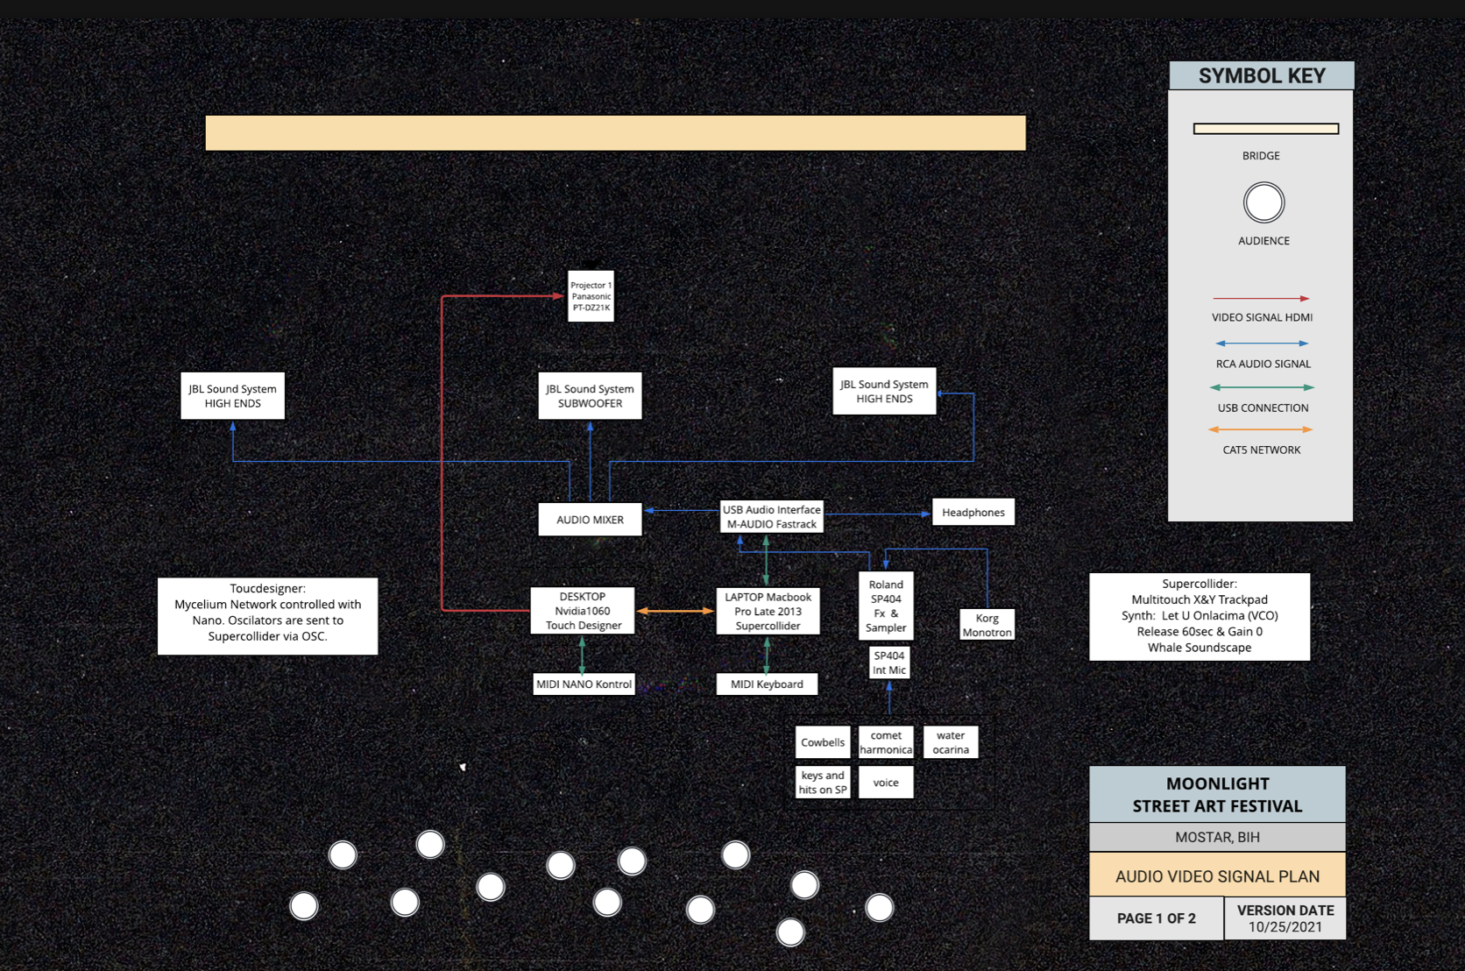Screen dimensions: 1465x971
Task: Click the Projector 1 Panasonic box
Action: (x=591, y=296)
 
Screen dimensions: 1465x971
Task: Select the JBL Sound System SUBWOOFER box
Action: (x=590, y=396)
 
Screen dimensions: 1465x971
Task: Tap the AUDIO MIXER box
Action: (x=590, y=520)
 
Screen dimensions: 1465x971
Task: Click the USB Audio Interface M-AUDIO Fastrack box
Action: (x=771, y=517)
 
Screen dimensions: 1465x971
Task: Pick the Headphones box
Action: (x=973, y=513)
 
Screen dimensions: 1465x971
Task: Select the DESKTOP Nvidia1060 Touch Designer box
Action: (x=583, y=611)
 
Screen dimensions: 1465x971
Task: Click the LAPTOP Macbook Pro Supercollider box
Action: (x=768, y=611)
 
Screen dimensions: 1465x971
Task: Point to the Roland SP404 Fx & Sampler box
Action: (x=886, y=606)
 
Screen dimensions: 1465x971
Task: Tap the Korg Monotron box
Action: (x=987, y=625)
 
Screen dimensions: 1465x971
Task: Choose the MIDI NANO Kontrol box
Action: (x=584, y=684)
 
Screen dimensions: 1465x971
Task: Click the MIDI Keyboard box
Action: (x=767, y=684)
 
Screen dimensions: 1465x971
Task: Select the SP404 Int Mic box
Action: (x=889, y=663)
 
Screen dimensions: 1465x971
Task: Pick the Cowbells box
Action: (x=823, y=742)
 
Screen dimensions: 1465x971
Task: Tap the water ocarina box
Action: (x=951, y=742)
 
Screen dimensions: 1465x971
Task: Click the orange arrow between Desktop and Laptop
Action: (x=675, y=611)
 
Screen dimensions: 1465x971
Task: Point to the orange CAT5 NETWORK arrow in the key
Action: (x=1261, y=429)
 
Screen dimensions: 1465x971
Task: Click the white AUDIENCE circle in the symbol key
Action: (x=1263, y=203)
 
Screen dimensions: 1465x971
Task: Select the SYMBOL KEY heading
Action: (x=1262, y=76)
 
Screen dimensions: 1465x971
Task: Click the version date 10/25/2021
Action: (x=1285, y=927)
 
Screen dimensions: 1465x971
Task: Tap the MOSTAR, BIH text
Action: (x=1217, y=838)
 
